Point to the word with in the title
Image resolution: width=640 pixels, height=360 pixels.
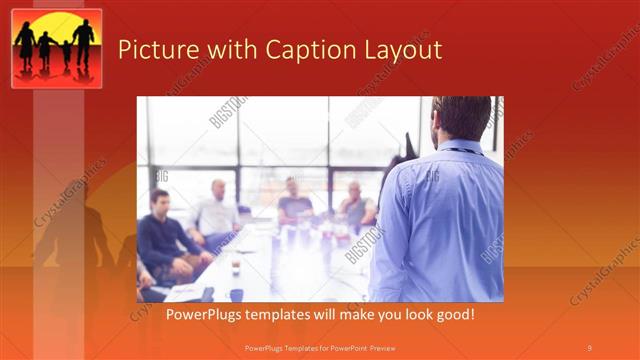click(x=224, y=50)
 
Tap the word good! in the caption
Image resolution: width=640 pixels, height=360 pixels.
click(x=452, y=315)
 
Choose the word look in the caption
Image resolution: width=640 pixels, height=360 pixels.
click(x=409, y=315)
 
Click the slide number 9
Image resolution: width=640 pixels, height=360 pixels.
click(x=589, y=347)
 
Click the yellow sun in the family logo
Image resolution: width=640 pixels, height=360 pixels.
click(x=56, y=30)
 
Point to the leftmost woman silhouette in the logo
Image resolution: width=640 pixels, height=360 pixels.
click(x=25, y=47)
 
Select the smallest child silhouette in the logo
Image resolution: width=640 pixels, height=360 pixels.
click(x=67, y=54)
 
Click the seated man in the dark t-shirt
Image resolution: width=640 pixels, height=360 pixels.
click(x=294, y=204)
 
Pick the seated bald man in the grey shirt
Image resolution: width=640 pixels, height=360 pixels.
click(x=354, y=205)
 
